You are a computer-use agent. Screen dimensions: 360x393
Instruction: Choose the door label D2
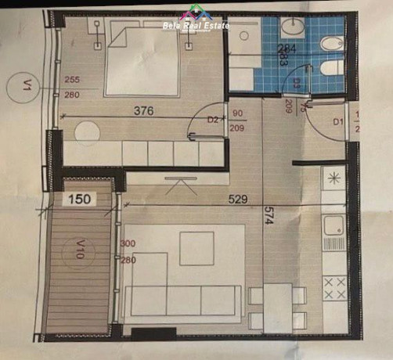pos(213,121)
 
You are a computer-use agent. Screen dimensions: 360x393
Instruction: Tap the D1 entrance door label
pos(338,122)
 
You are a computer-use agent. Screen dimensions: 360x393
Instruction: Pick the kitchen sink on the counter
pos(335,226)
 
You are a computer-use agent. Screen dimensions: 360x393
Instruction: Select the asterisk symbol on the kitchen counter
pos(334,178)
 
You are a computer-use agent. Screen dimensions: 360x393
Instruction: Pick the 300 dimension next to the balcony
pos(127,243)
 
